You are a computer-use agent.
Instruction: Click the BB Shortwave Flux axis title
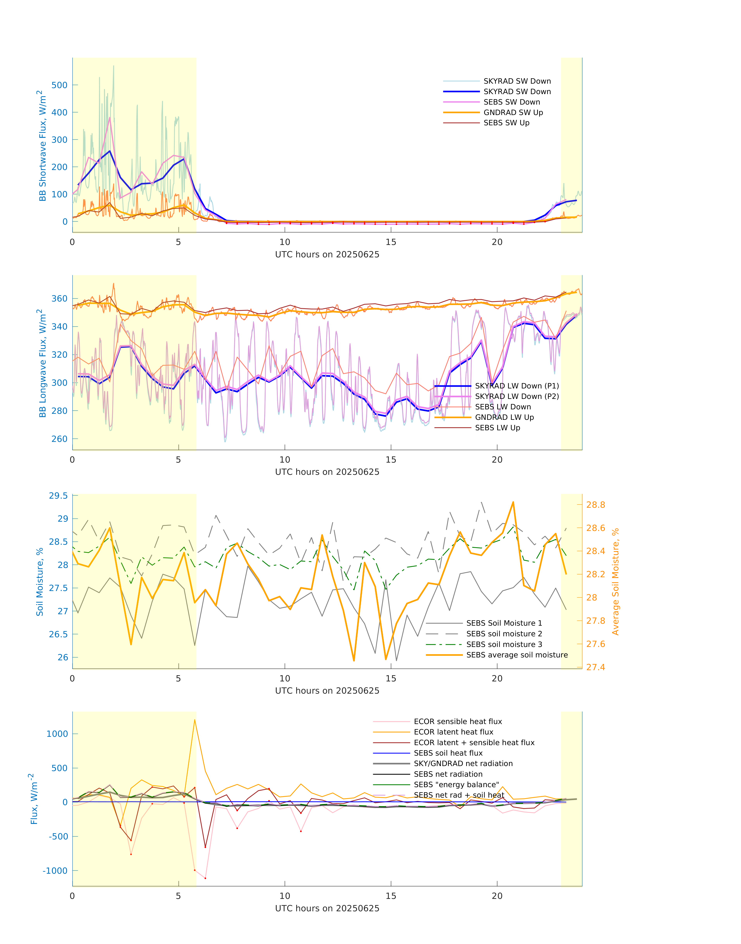pos(42,146)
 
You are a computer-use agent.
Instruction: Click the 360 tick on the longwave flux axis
pos(59,299)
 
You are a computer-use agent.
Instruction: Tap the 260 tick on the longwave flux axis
pos(59,439)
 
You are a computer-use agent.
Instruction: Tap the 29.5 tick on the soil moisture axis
pos(58,496)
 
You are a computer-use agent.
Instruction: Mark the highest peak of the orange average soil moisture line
pos(513,502)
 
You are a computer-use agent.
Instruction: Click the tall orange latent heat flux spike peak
pos(194,720)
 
